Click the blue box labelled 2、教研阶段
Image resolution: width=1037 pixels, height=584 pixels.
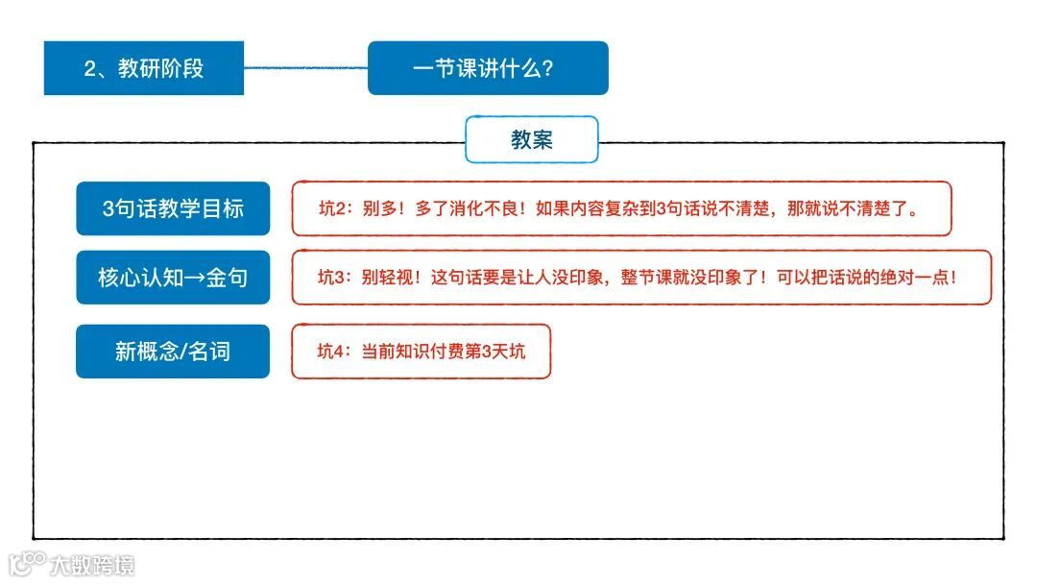click(x=144, y=68)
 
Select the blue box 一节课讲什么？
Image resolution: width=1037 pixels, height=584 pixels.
click(x=488, y=68)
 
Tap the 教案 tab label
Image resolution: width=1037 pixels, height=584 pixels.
click(x=532, y=139)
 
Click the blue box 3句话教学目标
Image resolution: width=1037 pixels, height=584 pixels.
click(x=173, y=208)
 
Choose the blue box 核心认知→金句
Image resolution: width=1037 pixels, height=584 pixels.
click(x=173, y=278)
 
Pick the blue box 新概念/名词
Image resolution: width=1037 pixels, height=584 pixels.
click(x=173, y=352)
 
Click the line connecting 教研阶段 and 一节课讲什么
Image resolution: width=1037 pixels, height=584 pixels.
click(x=305, y=68)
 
